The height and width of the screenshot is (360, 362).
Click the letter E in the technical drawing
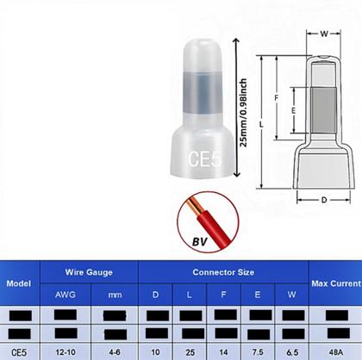tap(293, 110)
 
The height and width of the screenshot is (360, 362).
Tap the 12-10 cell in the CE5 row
tap(64, 352)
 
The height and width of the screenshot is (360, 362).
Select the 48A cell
tap(334, 352)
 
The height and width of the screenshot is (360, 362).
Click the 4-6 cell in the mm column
tap(115, 352)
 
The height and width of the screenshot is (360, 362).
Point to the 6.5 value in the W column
tap(290, 352)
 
